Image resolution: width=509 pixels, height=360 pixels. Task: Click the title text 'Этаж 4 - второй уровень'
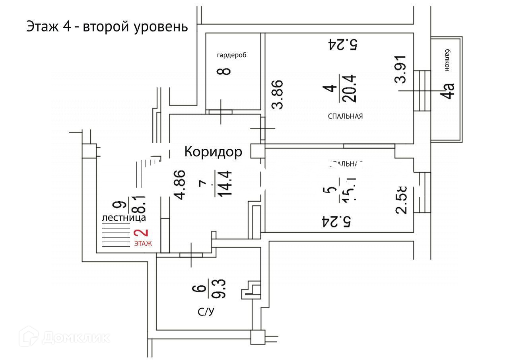pyautogui.click(x=107, y=27)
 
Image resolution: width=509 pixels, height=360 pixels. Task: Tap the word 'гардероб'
pyautogui.click(x=231, y=55)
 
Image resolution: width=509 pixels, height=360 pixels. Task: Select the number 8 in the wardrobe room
pyautogui.click(x=225, y=72)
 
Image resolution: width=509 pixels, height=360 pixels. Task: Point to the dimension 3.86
pyautogui.click(x=277, y=94)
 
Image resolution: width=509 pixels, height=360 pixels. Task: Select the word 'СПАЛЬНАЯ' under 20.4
pyautogui.click(x=345, y=117)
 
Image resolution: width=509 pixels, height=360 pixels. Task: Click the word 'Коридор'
pyautogui.click(x=213, y=152)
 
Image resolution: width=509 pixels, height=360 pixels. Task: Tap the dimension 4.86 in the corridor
pyautogui.click(x=180, y=185)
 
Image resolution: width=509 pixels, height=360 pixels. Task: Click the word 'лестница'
pyautogui.click(x=124, y=218)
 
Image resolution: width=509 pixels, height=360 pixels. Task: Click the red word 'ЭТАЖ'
pyautogui.click(x=143, y=244)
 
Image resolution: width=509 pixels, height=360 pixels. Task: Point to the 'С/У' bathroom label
pyautogui.click(x=206, y=313)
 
